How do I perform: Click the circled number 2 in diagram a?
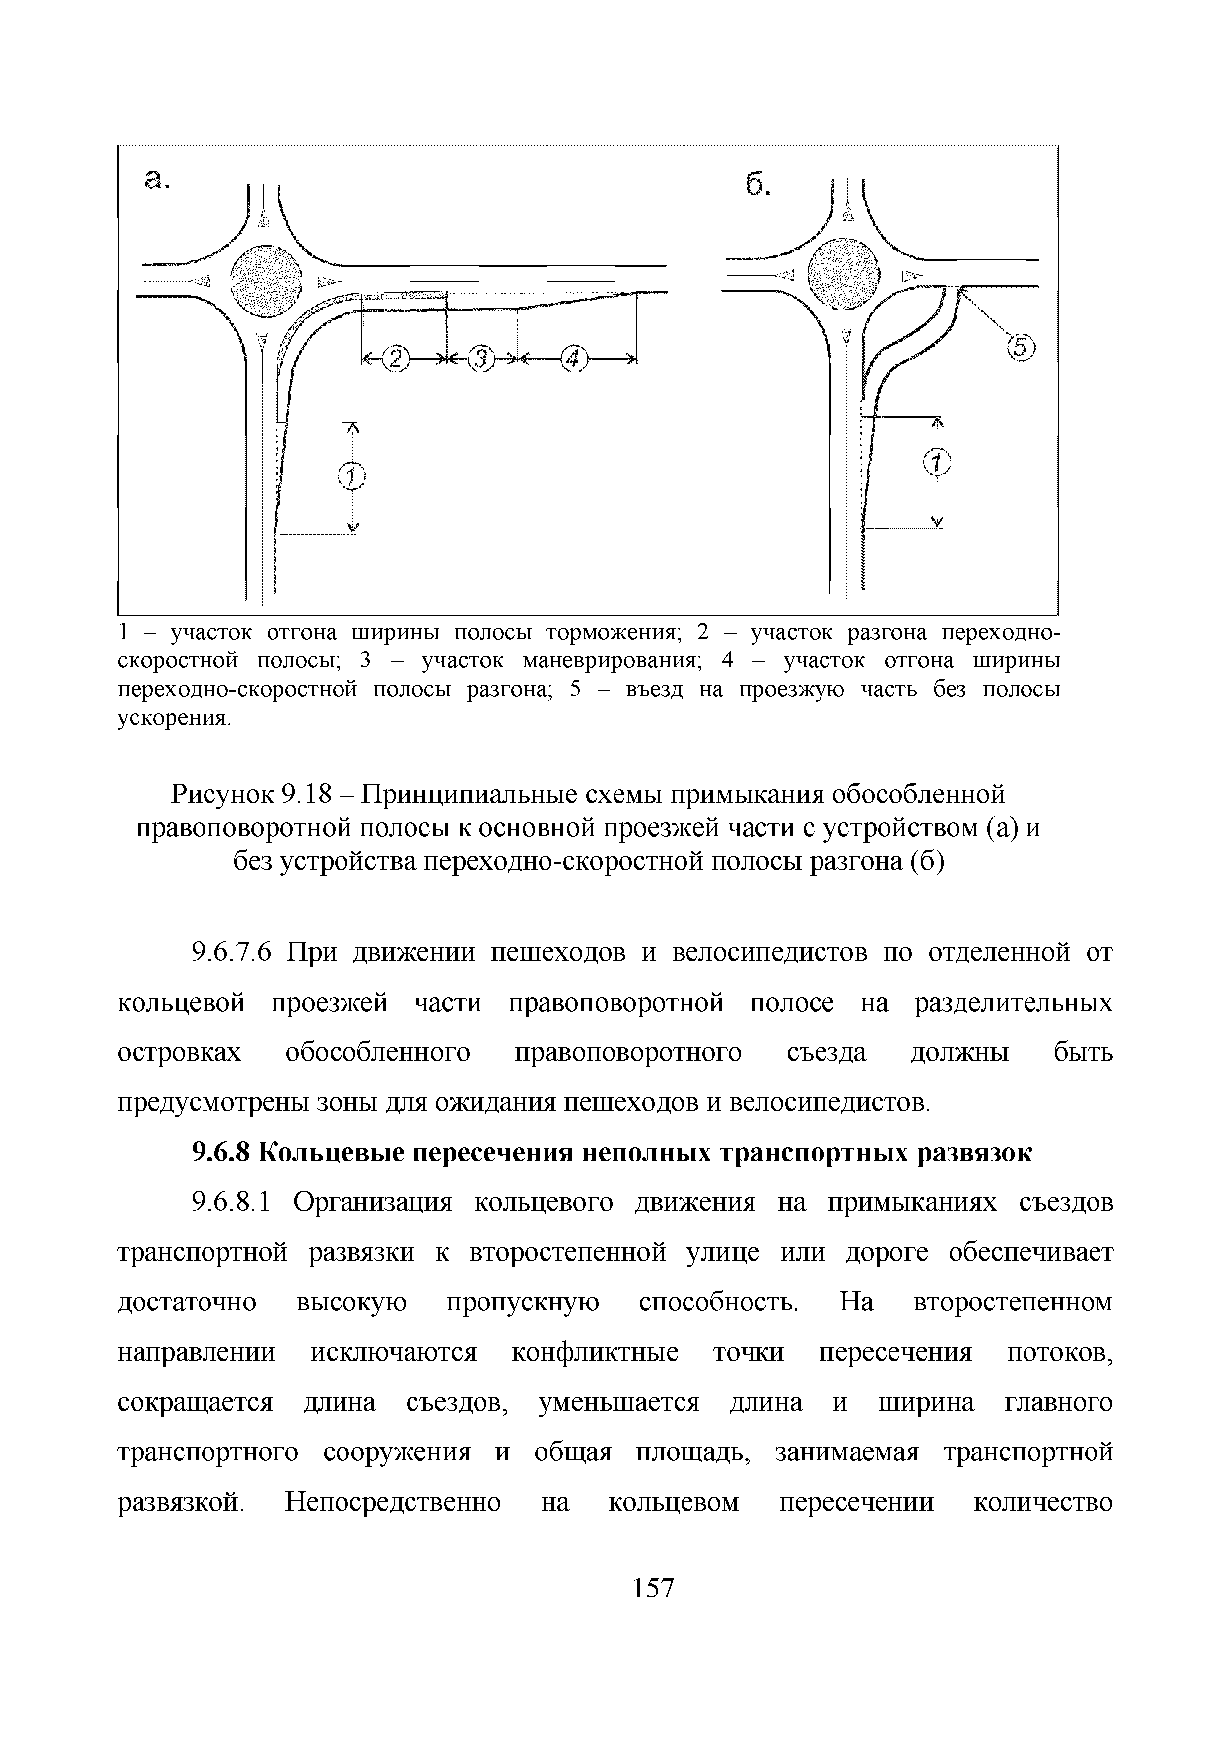click(395, 359)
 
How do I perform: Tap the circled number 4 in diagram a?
click(574, 359)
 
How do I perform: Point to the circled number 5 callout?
click(1021, 348)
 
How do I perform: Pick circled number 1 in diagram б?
click(938, 462)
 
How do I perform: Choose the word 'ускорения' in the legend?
click(172, 718)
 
